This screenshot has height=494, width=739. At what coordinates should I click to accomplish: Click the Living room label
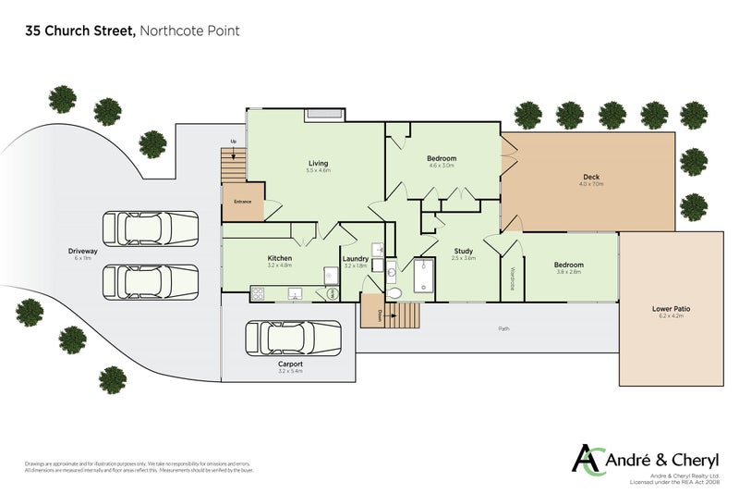tap(318, 164)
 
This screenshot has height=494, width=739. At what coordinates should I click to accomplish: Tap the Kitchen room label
tap(280, 258)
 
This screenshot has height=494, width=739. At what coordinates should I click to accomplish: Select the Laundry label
tap(356, 259)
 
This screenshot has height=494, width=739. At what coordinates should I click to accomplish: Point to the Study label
tap(464, 252)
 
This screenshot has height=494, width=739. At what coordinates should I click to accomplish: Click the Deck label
tap(591, 177)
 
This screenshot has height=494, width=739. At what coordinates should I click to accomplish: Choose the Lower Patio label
tap(671, 309)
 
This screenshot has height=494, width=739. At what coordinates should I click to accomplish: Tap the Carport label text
tap(290, 364)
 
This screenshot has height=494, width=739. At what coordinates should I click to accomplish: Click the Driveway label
tap(83, 251)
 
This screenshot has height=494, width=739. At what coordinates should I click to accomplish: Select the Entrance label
tap(243, 202)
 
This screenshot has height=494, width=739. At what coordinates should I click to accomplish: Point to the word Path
tap(504, 328)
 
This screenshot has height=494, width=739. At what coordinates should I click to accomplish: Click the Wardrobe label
tap(513, 278)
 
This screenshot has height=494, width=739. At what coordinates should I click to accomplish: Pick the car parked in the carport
tap(290, 338)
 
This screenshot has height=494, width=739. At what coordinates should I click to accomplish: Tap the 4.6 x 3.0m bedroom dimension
tap(442, 166)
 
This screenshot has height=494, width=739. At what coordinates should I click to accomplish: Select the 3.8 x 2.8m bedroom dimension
tap(569, 272)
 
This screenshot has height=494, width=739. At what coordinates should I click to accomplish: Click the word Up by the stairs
tap(233, 142)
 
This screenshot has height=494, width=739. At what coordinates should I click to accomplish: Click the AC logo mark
tap(588, 459)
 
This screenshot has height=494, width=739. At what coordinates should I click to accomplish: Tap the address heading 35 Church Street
tap(81, 31)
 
